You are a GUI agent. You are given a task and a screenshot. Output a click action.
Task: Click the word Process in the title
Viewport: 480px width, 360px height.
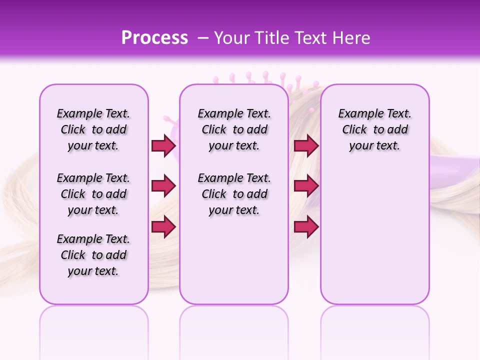[154, 38]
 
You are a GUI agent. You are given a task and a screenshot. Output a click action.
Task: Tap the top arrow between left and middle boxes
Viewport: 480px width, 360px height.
[163, 145]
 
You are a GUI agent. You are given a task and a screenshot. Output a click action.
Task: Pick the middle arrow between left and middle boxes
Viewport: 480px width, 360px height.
[163, 186]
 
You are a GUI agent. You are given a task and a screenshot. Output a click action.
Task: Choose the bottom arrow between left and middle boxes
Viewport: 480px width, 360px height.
[163, 226]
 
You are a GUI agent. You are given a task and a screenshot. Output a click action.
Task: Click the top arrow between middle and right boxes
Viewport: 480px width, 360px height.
[306, 145]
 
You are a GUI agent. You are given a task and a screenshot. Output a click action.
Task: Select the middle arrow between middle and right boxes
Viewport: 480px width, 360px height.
[306, 186]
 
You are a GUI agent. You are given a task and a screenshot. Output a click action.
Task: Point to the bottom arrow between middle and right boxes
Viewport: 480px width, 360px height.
[306, 226]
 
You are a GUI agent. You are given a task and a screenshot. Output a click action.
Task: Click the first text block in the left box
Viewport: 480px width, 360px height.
[93, 129]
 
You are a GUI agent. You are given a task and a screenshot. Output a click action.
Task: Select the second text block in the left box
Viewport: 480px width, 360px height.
[93, 194]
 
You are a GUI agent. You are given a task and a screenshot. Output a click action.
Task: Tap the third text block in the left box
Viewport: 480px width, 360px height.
[93, 255]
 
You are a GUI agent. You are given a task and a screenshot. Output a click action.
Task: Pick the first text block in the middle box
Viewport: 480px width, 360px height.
[234, 129]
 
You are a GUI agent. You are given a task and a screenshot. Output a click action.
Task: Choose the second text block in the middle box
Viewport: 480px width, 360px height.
[234, 194]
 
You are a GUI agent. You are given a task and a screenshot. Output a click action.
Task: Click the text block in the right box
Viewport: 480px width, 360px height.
[375, 129]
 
